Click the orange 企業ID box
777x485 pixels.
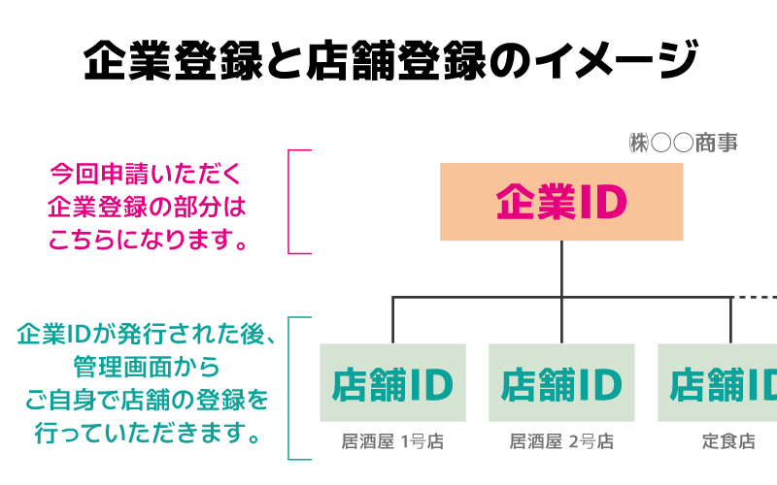(x=561, y=202)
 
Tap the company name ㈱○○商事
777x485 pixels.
(x=683, y=144)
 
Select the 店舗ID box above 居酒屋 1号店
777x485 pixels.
(x=392, y=383)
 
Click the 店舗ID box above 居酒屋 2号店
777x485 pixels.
(x=561, y=383)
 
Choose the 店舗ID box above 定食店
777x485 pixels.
(x=719, y=383)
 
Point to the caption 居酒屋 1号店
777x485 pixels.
(x=392, y=441)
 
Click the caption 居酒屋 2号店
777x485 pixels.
(x=561, y=441)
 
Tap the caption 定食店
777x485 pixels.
(x=728, y=441)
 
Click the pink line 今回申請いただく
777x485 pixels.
(x=147, y=175)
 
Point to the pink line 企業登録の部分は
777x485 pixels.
(x=147, y=207)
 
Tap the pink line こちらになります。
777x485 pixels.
(x=147, y=240)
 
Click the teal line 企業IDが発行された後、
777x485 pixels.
(x=147, y=335)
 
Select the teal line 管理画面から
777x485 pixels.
(x=147, y=368)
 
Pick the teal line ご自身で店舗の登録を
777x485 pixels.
(x=147, y=400)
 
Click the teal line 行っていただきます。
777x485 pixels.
(x=147, y=433)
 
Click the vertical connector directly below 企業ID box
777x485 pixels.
(x=561, y=269)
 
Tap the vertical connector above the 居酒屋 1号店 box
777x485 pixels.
(x=392, y=320)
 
